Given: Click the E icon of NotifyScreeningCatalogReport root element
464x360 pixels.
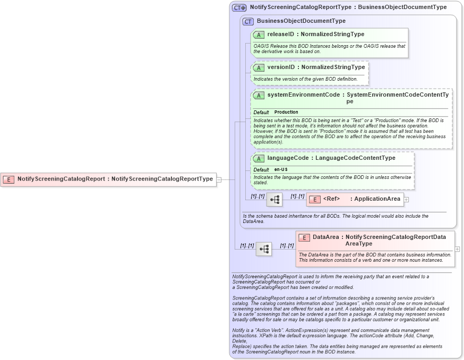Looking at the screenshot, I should tap(8, 179).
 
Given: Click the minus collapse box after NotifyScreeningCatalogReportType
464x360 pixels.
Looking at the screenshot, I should tap(219, 179).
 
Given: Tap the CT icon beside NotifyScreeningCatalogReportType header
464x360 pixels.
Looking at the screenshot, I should tap(239, 7).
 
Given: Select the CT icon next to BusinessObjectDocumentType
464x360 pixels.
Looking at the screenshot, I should tap(248, 21).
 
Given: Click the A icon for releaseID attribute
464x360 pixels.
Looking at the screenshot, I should tap(259, 35).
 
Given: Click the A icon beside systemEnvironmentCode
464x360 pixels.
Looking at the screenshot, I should tap(259, 95).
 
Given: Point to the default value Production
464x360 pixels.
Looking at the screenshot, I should tap(286, 112).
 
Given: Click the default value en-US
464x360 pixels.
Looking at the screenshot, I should tap(281, 169).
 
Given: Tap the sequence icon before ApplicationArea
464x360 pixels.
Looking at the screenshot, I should tap(274, 200).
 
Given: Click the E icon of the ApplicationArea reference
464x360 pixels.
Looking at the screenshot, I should tap(314, 199).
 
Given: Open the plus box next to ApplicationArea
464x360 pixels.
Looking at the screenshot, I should tap(407, 199).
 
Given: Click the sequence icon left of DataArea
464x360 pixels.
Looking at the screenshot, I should tap(263, 248).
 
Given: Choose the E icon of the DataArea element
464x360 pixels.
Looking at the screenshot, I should tap(304, 237).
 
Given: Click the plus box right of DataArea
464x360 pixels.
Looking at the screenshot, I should tap(457, 248).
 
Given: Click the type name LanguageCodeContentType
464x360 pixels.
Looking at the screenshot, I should tap(355, 158).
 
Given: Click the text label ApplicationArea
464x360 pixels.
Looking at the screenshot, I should tap(377, 199).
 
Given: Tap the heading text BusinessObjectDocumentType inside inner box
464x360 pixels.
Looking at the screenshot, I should tap(301, 21).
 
